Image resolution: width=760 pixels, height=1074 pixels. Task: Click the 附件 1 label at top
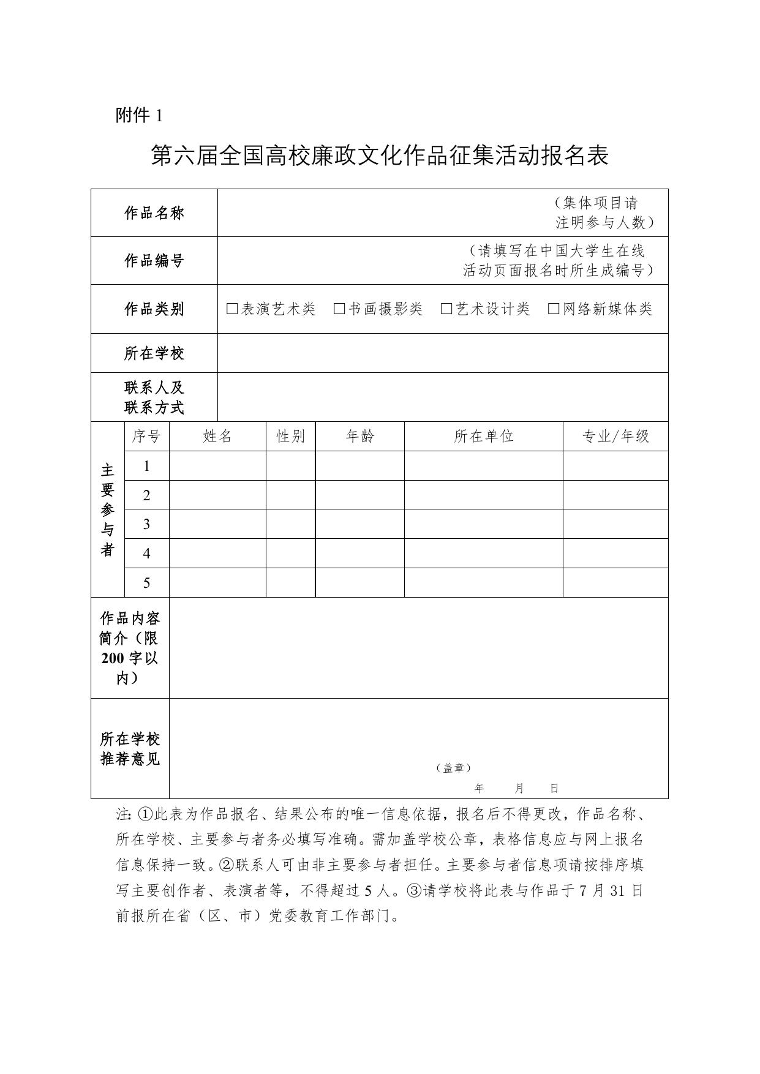coord(139,115)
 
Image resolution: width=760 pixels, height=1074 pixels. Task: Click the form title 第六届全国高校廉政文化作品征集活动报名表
coord(380,156)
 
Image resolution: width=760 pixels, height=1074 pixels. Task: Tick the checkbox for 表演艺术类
coord(232,309)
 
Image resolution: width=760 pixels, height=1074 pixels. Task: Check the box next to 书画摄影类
coord(339,309)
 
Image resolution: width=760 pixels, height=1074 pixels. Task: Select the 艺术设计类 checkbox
coord(446,309)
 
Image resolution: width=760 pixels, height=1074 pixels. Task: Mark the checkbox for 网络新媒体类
coord(554,309)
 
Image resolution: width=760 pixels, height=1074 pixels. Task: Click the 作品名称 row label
coord(154,213)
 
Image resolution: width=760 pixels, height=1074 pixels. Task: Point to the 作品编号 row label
coord(154,260)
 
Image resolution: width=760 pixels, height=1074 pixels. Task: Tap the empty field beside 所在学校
coord(442,353)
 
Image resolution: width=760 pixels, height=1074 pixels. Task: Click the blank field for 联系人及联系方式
coord(442,397)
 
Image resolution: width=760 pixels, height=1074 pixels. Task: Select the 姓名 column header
coord(217,437)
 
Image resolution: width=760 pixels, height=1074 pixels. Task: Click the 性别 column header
coord(290,437)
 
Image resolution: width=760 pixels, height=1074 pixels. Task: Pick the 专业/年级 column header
coord(615,437)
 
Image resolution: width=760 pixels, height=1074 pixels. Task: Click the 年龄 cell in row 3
coord(359,524)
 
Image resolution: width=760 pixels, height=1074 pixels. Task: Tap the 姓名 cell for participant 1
coord(217,466)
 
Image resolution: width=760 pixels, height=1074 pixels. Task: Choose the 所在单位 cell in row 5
coord(483,582)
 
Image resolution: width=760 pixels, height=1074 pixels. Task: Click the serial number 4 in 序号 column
coord(146,554)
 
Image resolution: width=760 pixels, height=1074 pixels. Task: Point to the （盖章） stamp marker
coord(454,768)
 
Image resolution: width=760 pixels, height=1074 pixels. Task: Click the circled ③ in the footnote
coord(414,891)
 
